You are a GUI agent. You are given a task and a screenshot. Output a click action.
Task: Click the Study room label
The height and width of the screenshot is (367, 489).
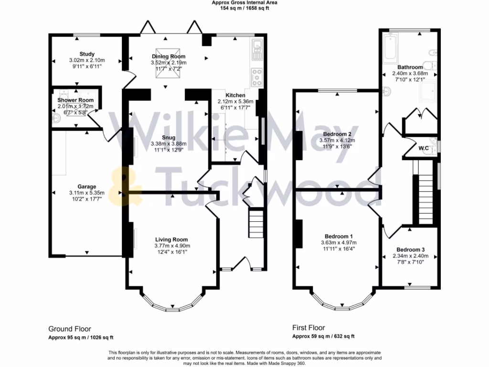pos(87,54)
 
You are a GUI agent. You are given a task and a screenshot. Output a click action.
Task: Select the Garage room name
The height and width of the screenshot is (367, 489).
pos(87,186)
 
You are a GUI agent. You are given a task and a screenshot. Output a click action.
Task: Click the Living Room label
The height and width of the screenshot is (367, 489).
pos(171,239)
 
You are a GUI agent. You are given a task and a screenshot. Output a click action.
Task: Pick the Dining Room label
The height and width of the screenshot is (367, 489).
pos(165,57)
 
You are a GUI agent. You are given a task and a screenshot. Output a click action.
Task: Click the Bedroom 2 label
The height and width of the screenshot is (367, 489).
pos(338,134)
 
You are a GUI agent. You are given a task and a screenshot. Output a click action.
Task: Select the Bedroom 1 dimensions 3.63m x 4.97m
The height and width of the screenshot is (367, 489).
pos(339,243)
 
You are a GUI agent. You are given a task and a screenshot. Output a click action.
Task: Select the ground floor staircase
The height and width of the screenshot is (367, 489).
pos(255,223)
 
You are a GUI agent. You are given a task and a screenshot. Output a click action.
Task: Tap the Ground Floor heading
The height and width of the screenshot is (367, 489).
pos(70,329)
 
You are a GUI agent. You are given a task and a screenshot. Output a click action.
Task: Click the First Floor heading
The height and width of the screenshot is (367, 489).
pos(308,328)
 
